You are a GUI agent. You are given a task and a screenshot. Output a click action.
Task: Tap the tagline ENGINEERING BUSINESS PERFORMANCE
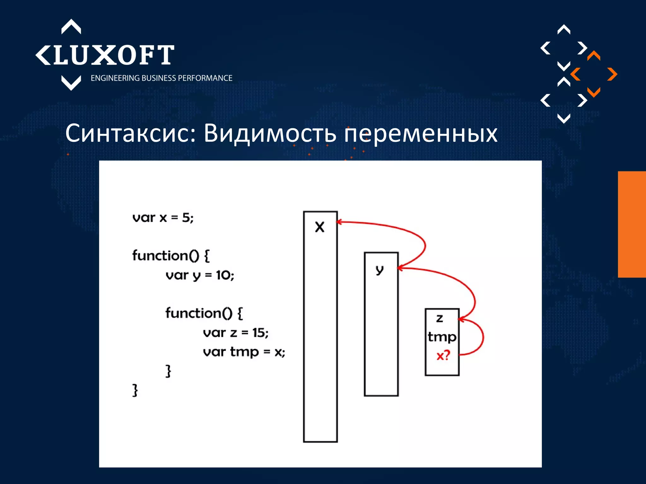coord(161,78)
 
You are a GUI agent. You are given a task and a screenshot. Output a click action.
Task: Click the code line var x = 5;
coord(163,218)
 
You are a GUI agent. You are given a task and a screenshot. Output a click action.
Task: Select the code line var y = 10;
coord(200,275)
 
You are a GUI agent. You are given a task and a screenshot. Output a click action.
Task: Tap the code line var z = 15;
coord(235,333)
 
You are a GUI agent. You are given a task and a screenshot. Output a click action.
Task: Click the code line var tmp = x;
coord(244,352)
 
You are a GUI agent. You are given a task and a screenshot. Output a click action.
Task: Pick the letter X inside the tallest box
coord(320,227)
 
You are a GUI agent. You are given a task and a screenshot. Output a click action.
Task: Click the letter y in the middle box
coord(380,270)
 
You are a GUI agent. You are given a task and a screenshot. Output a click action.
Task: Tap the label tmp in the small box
coord(442,337)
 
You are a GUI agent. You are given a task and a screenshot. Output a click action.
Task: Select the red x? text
coord(443,356)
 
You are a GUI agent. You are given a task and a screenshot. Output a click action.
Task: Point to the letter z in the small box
coord(439,319)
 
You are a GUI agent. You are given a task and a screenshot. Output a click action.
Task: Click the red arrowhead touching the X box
coord(339,222)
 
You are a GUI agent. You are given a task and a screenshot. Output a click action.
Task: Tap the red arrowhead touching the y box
coord(400,268)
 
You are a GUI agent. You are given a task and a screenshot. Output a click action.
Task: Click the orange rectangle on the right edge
coord(632,224)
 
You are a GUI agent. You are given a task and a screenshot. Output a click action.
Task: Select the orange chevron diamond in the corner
coord(594,74)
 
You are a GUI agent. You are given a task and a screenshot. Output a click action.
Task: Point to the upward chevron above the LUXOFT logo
coord(71,26)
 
